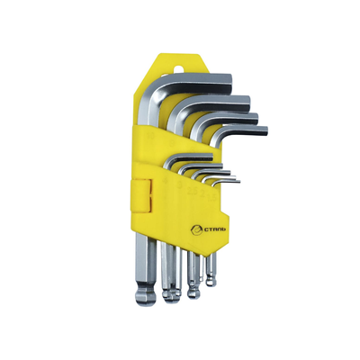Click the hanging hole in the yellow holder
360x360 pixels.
point(179,67)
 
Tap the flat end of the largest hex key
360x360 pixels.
point(229,83)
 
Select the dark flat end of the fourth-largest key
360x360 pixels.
point(265,132)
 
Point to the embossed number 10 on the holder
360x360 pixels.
point(150,137)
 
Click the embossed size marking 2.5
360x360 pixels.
point(192,191)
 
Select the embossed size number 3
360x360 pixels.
point(180,185)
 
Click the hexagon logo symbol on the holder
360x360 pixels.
point(195,230)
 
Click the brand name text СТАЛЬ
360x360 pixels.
point(214,229)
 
